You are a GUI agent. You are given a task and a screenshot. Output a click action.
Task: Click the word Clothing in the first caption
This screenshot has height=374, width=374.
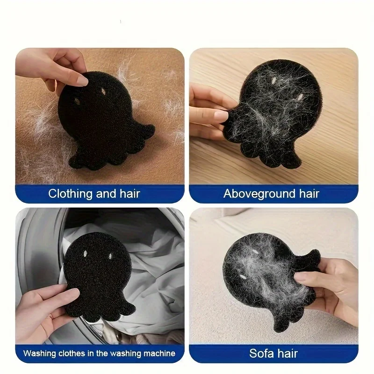pos(70,194)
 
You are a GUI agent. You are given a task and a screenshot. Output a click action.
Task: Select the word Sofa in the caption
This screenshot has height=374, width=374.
pos(261,353)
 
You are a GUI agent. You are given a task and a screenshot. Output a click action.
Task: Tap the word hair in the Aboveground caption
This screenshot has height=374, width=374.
pos(309,194)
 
